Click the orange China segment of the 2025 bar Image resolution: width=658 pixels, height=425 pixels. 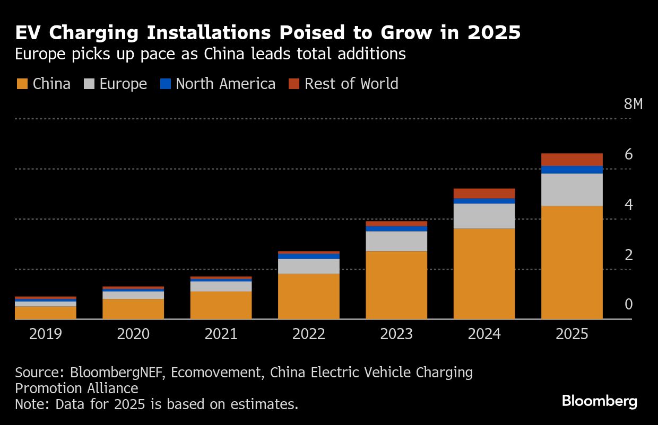click(572, 262)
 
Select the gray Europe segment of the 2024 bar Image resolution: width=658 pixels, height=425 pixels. click(484, 216)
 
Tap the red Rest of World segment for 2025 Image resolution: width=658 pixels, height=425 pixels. click(572, 160)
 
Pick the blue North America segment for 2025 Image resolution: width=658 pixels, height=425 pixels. click(572, 170)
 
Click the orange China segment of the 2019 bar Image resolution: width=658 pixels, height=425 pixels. click(46, 313)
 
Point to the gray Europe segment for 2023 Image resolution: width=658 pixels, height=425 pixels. click(396, 241)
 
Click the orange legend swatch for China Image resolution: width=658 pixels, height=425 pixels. click(22, 84)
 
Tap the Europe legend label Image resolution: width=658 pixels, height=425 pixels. click(123, 84)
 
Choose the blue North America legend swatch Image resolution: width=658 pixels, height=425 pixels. click(166, 84)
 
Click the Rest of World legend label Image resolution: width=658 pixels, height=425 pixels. click(351, 84)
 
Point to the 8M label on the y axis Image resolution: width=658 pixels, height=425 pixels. click(633, 104)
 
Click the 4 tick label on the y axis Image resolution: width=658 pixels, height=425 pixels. click(629, 205)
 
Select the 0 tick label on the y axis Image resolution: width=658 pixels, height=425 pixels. click(629, 305)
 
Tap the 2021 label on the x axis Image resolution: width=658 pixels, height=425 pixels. click(221, 334)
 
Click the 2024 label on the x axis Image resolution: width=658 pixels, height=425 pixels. click(484, 334)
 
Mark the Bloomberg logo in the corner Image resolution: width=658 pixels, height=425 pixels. click(599, 401)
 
